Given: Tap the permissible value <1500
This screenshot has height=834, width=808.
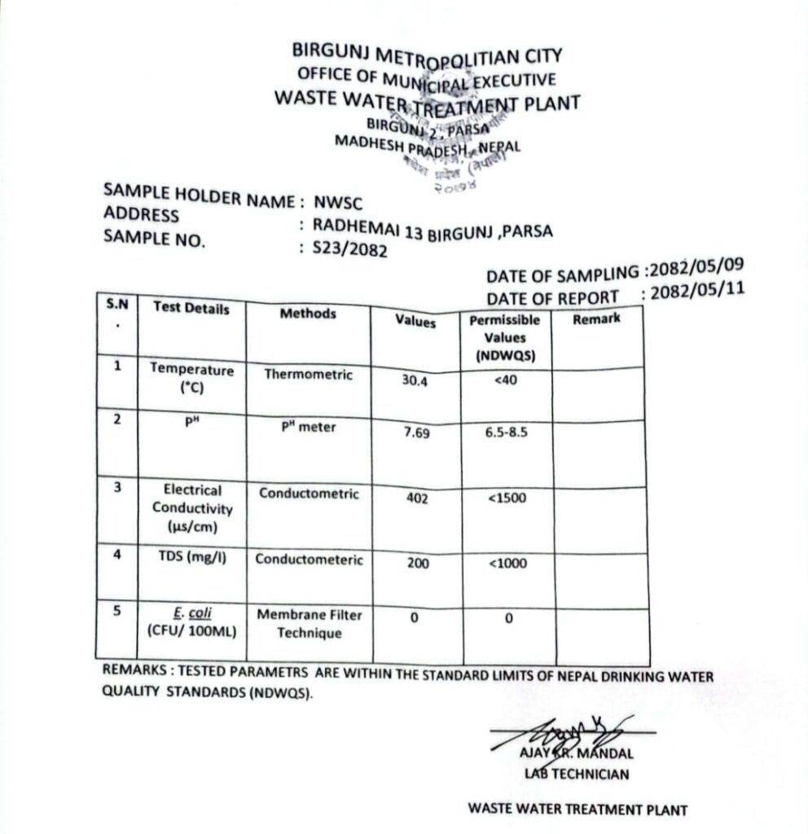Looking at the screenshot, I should pos(507,498).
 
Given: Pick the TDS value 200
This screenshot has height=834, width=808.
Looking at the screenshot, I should pos(417,563).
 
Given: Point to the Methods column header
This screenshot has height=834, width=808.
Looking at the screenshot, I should pos(308,314).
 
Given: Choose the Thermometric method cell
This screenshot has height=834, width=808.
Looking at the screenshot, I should pos(309,375).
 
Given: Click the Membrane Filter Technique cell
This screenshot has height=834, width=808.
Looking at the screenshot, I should pos(310,624).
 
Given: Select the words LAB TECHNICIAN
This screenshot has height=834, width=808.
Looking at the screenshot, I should pos(577,774).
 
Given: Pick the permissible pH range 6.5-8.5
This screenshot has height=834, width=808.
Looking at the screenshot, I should pos(506,432).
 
